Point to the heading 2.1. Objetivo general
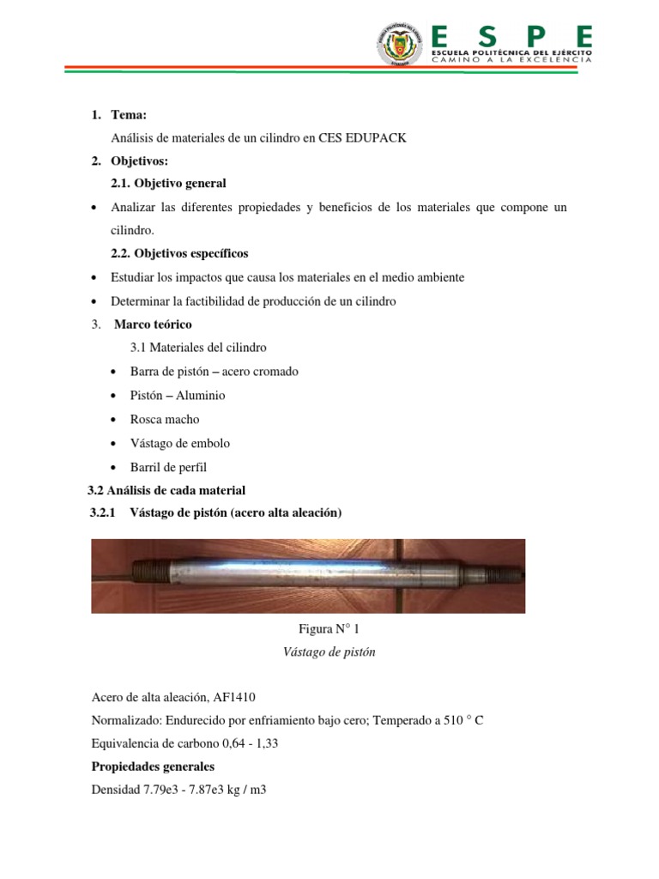click(169, 183)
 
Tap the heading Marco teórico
click(154, 324)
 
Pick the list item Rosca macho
click(165, 420)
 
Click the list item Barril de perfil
click(169, 467)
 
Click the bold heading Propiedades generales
click(153, 766)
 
